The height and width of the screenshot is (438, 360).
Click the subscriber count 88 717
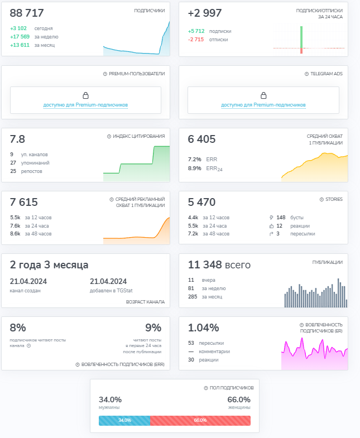(27, 13)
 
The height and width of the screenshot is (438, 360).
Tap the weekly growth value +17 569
(20, 37)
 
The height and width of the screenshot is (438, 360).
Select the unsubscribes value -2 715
(196, 40)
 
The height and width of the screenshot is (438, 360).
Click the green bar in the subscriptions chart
(301, 37)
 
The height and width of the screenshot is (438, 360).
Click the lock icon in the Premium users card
(85, 95)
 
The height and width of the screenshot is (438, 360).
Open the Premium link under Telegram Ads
(263, 105)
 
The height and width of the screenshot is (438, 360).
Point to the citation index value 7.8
(17, 139)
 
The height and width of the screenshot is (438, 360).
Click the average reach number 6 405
(201, 139)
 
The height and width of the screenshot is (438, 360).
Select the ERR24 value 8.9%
(195, 168)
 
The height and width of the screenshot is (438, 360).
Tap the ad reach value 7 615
(24, 202)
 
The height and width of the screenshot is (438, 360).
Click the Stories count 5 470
(201, 202)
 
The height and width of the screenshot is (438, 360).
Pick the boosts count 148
(281, 217)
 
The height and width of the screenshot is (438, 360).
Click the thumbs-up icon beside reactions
(271, 226)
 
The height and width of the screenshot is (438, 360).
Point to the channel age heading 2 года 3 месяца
(49, 265)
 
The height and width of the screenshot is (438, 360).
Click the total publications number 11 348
(205, 264)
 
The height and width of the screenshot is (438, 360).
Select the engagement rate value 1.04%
(203, 328)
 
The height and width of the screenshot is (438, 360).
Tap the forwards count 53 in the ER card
(191, 343)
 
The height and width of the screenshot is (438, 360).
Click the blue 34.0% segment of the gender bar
(124, 420)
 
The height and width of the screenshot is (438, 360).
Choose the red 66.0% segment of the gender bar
(200, 420)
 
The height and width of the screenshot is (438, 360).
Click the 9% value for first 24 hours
(153, 328)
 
